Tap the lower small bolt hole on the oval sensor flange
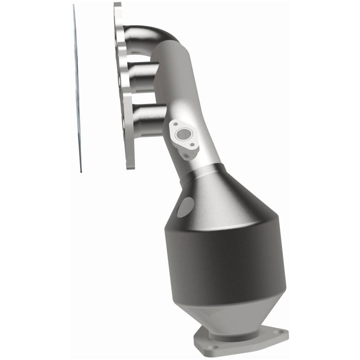(193, 144)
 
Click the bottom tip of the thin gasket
(81, 170)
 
